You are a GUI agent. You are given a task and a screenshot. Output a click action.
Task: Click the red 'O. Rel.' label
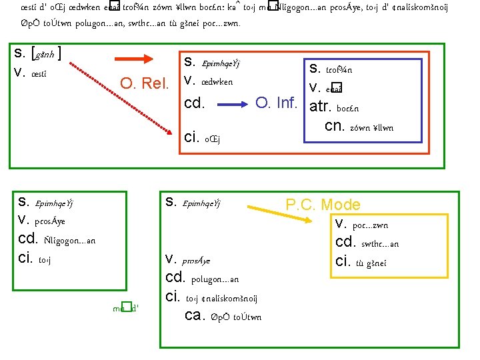click(x=145, y=85)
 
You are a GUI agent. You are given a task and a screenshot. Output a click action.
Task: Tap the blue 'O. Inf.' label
click(x=276, y=103)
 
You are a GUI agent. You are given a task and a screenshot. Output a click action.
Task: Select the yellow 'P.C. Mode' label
click(x=323, y=205)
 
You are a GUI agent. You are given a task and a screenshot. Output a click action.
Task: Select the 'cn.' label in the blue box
click(x=333, y=126)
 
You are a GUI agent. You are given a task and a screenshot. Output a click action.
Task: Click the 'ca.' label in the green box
click(x=193, y=315)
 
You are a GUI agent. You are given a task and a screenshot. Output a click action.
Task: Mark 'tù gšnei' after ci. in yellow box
click(x=371, y=263)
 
